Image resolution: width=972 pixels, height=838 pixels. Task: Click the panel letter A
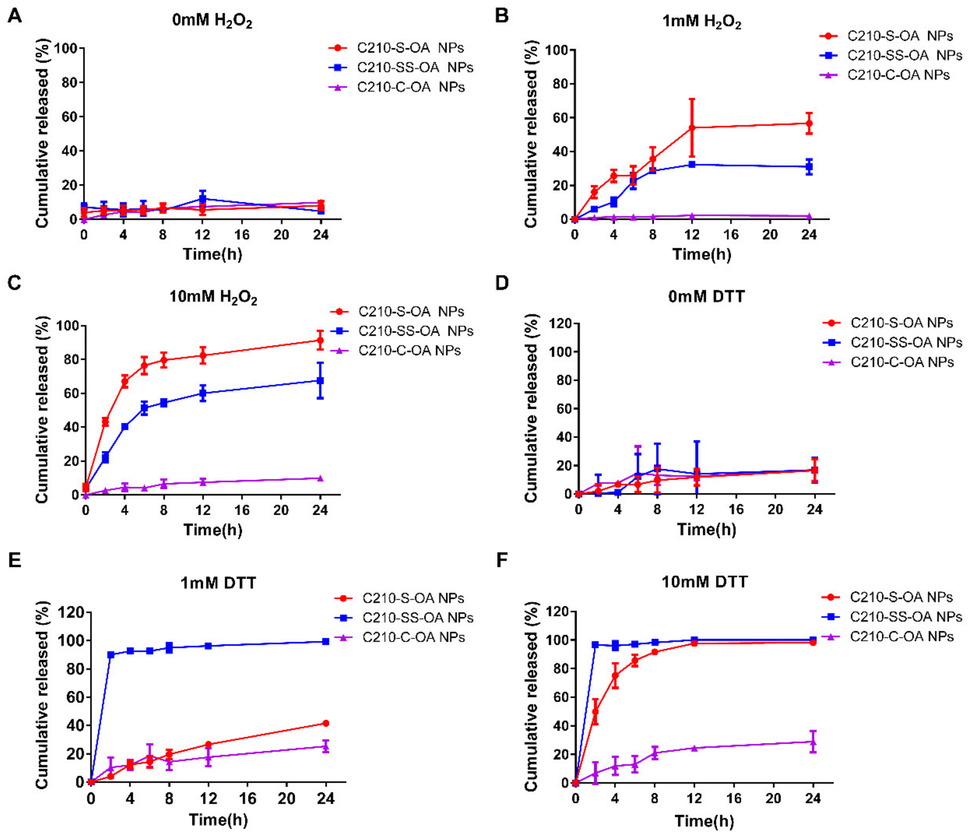coord(15,17)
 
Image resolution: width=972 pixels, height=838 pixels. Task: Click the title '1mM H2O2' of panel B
coord(702,22)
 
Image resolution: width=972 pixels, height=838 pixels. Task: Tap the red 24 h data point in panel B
coord(809,123)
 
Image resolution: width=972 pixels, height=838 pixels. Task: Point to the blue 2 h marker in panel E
coord(111,655)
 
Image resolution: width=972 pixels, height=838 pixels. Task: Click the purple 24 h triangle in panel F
coord(813,742)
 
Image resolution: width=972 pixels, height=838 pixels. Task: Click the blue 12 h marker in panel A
coord(203,198)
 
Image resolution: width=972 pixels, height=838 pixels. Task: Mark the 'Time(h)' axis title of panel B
coord(702,254)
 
